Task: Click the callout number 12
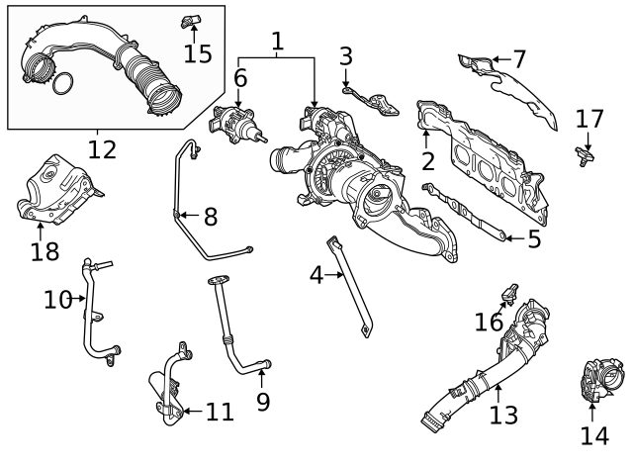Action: (101, 149)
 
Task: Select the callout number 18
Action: (45, 251)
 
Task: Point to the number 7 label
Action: (519, 59)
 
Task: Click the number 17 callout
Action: (589, 119)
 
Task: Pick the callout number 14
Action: (593, 435)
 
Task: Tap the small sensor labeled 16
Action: (510, 292)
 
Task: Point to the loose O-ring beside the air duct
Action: (61, 83)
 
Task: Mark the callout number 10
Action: (57, 298)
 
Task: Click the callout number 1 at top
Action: (277, 42)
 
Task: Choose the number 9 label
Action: (262, 401)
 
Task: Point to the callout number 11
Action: (220, 411)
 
